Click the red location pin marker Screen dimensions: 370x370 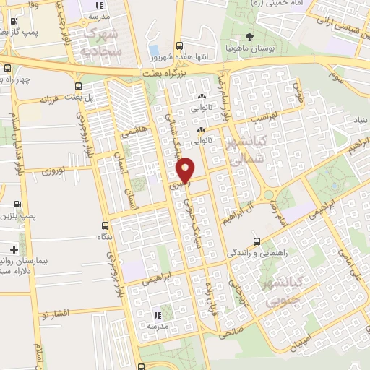(x=186, y=171)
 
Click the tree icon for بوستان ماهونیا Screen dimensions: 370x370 (x=250, y=36)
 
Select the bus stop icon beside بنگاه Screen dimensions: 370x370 (x=106, y=226)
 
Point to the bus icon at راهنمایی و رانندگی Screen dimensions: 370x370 (x=257, y=241)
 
